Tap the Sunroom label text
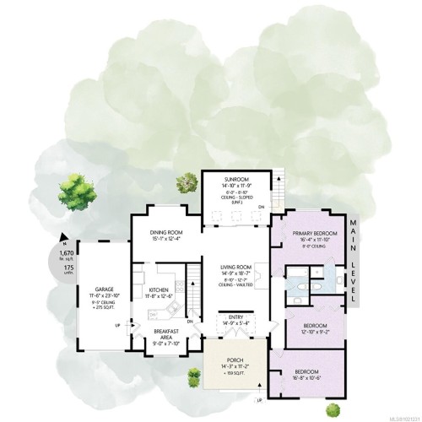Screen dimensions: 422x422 click(236, 179)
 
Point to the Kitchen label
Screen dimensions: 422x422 click(160, 290)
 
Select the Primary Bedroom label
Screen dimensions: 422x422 click(315, 233)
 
